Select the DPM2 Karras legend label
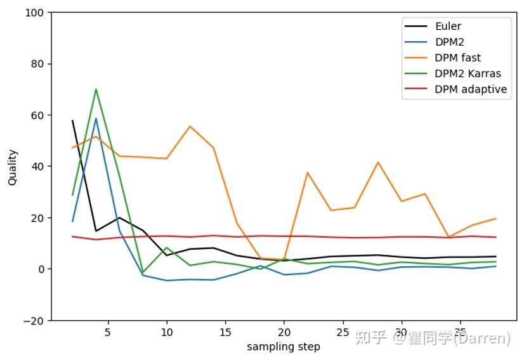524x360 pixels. pos(468,74)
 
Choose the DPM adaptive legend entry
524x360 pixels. pos(471,89)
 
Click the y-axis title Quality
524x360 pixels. pos(13,167)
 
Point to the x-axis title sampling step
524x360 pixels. pos(284,347)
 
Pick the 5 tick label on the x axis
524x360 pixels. pos(108,332)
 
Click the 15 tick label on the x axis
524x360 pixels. pos(225,332)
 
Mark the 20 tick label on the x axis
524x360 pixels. pos(284,332)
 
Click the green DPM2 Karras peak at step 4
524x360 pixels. pos(96,89)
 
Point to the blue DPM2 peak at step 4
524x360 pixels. pos(96,119)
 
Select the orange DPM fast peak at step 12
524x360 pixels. pos(190,126)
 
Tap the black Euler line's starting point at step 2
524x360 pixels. pos(72,120)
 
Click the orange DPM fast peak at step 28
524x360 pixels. pos(378,162)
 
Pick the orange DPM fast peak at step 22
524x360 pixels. pos(308,172)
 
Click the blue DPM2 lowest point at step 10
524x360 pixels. pos(166,280)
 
